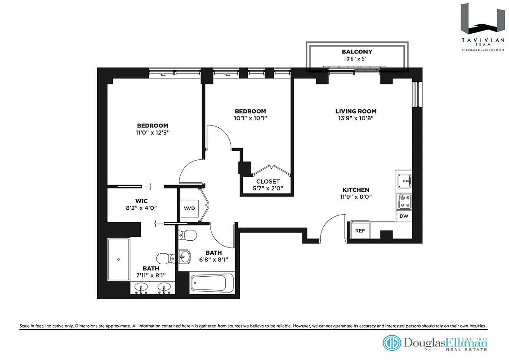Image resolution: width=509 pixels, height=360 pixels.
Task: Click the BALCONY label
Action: [x=357, y=52]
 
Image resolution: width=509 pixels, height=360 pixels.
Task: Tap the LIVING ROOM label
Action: [x=356, y=111]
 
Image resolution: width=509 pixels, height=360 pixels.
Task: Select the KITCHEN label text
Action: [x=356, y=190]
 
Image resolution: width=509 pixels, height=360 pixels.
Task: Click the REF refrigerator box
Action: [x=360, y=230]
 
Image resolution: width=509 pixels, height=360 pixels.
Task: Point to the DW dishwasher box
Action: [x=403, y=216]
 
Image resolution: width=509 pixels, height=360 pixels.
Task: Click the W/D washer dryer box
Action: [x=188, y=208]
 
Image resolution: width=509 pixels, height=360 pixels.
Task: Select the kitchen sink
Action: [x=404, y=181]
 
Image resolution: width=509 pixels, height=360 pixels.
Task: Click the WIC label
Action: [x=142, y=200]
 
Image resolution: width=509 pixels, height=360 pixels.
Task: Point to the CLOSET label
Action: [x=268, y=181]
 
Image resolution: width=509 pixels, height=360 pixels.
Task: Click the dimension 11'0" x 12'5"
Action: [x=152, y=132]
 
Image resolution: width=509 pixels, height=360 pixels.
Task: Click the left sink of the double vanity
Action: [x=142, y=288]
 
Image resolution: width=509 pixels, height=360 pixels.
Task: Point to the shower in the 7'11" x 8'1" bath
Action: [x=119, y=259]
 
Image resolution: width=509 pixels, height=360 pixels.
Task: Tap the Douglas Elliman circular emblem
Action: [x=391, y=343]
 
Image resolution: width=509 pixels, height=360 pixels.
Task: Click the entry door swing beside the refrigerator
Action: [x=332, y=228]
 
